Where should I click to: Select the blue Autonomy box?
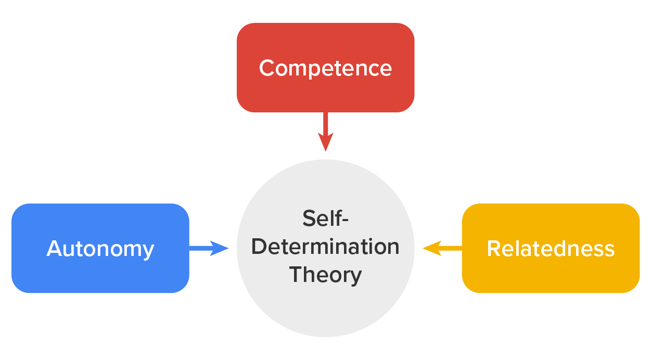tap(100, 276)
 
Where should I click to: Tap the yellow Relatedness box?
tap(551, 276)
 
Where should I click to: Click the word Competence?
tap(325, 68)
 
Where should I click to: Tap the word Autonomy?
tap(100, 249)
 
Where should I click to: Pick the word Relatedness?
tap(551, 249)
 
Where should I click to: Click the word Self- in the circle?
tap(325, 218)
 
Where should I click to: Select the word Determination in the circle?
tap(325, 246)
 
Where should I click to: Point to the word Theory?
tap(325, 274)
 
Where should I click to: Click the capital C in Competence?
tap(267, 68)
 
